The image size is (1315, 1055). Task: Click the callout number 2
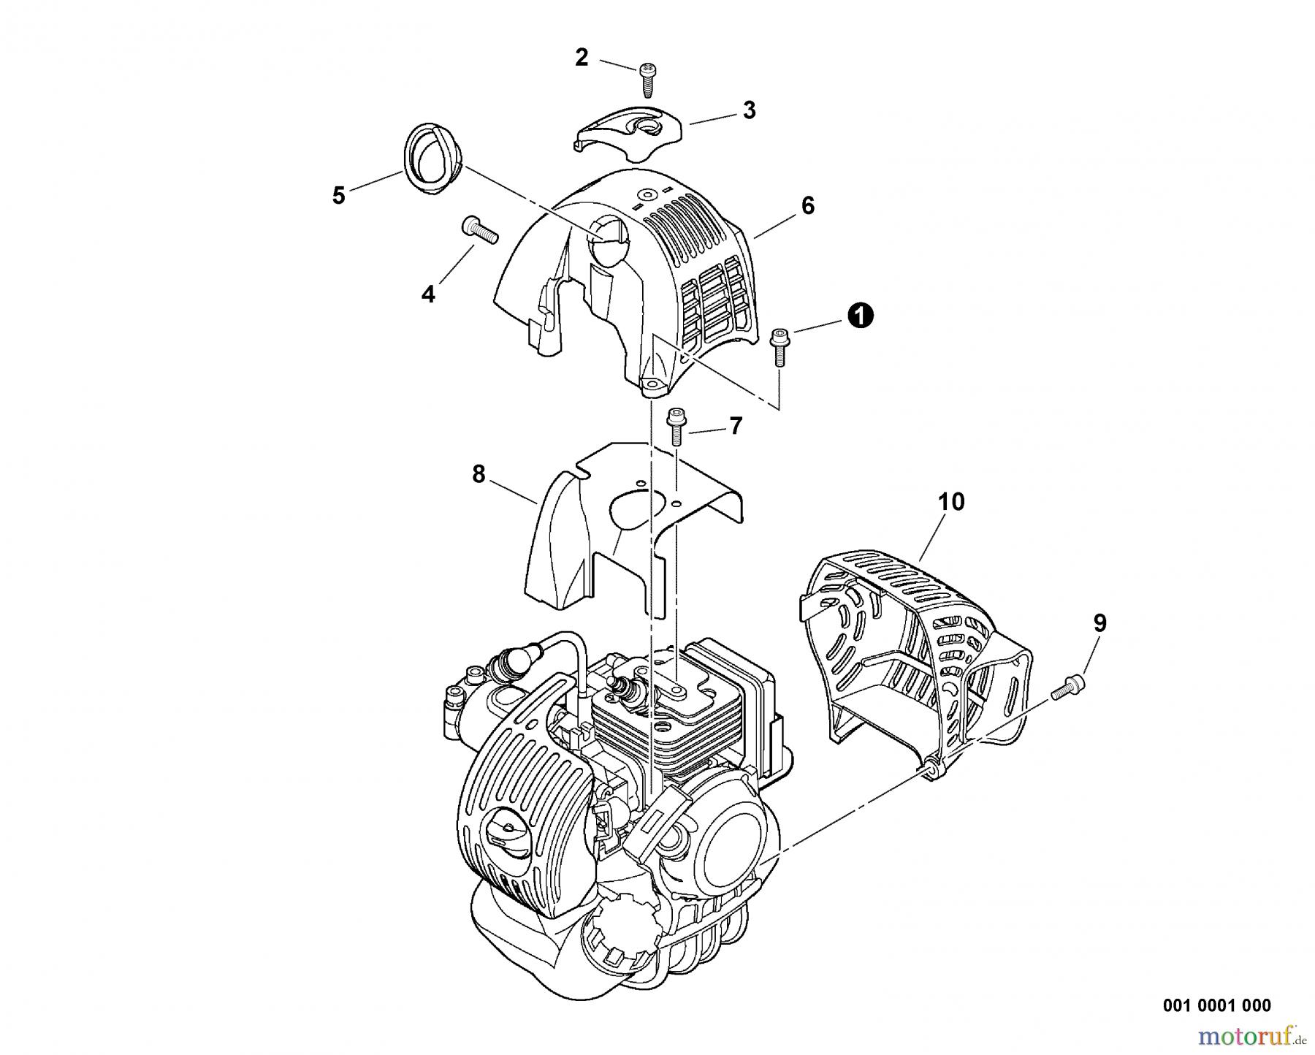[582, 57]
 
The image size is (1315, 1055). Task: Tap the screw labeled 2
[647, 79]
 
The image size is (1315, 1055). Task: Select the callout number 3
[749, 110]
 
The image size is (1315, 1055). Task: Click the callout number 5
[338, 196]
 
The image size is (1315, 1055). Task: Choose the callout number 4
[428, 294]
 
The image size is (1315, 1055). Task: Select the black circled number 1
[861, 316]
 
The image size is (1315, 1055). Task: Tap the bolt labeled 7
[676, 425]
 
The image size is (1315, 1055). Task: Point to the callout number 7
[736, 425]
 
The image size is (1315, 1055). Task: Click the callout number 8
[479, 474]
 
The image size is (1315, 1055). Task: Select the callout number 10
[951, 502]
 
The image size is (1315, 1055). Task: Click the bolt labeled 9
[1068, 688]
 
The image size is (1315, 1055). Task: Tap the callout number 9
[1099, 623]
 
